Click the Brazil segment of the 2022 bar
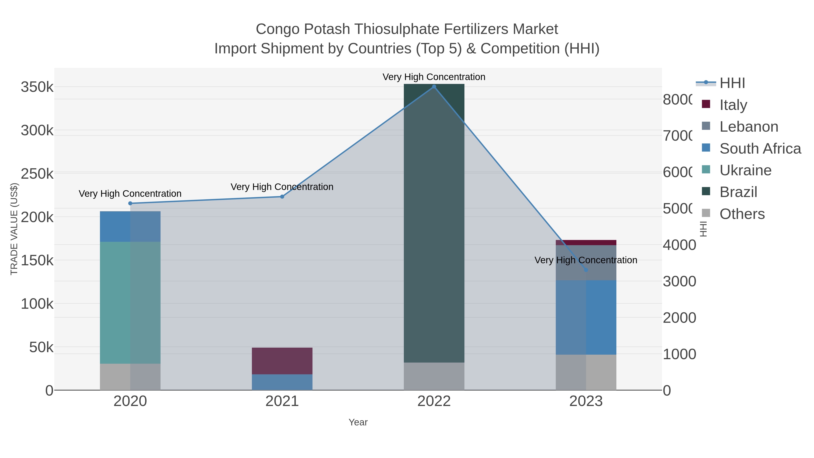[434, 221]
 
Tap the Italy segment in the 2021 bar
[282, 361]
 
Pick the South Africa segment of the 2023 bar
[586, 317]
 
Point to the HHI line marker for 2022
[434, 87]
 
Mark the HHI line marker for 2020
[130, 203]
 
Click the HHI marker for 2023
[586, 270]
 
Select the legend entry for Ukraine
[745, 170]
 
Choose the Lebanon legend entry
[748, 127]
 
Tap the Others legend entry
[742, 214]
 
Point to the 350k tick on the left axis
[37, 87]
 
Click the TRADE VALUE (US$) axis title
[14, 229]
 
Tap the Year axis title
[358, 422]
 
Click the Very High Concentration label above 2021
[282, 187]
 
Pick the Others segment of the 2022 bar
[434, 376]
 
